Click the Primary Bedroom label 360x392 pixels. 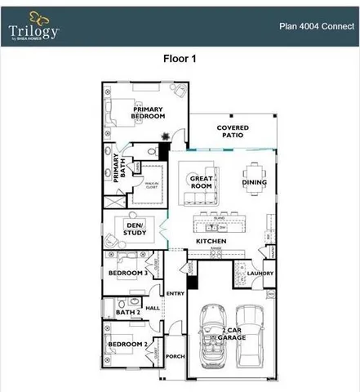coord(149,113)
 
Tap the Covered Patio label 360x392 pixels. coord(233,132)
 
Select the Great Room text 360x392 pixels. coord(201,182)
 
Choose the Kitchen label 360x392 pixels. coord(210,242)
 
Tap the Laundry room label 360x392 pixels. coord(260,274)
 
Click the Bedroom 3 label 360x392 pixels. coord(128,272)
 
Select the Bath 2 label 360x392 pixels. coord(127,312)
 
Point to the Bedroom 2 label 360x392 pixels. coord(128,344)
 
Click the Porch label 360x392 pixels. coord(176,357)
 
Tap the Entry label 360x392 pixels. coord(176,294)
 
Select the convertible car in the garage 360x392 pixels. coord(212,335)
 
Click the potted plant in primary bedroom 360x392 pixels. coord(165,136)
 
